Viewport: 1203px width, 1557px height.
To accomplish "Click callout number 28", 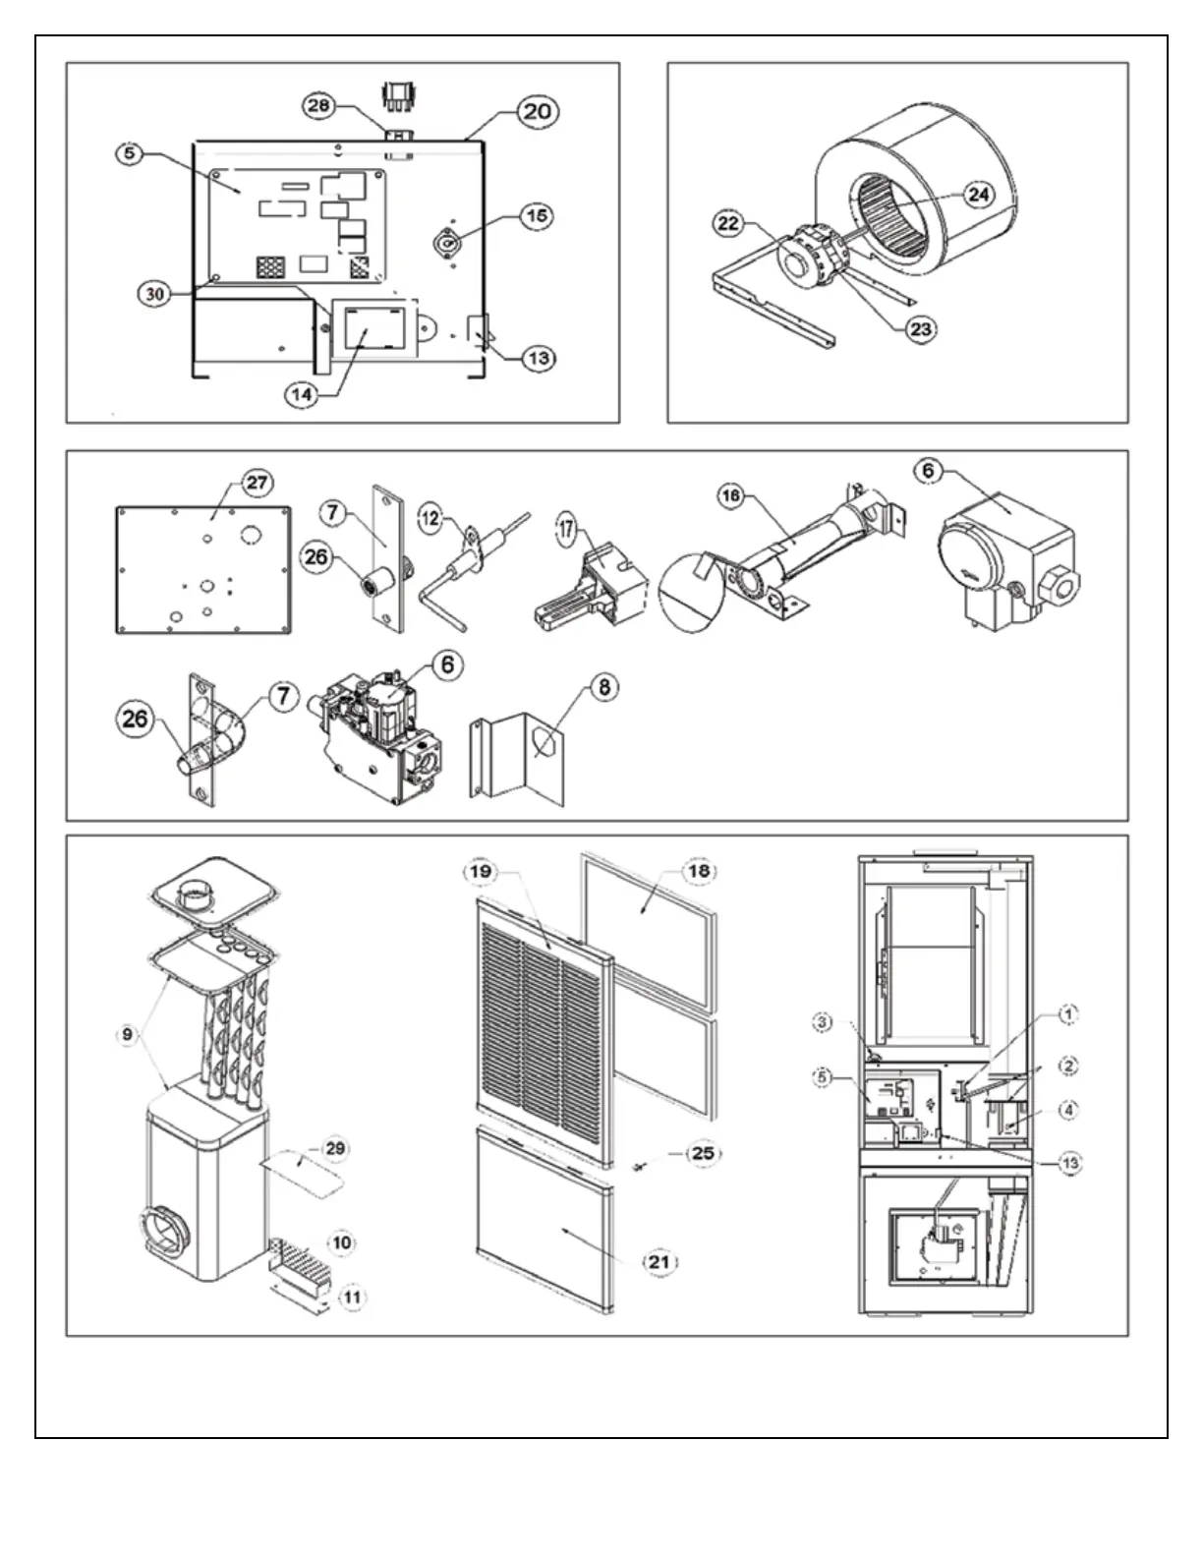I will pyautogui.click(x=317, y=106).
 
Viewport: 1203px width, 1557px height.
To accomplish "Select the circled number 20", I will pyautogui.click(x=537, y=111).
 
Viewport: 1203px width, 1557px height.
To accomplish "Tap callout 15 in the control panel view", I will pyautogui.click(x=535, y=216).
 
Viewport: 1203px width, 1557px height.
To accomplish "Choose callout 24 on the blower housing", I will pyautogui.click(x=978, y=195).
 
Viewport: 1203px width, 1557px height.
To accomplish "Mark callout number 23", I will pyautogui.click(x=920, y=329).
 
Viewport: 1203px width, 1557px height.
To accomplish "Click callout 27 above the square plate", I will pyautogui.click(x=258, y=483).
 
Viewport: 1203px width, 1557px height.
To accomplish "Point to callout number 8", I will pyautogui.click(x=602, y=687).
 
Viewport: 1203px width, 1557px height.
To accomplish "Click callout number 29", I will pyautogui.click(x=335, y=1149).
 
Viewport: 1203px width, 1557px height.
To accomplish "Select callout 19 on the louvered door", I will pyautogui.click(x=484, y=872).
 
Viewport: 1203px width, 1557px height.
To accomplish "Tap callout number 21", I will pyautogui.click(x=659, y=1261).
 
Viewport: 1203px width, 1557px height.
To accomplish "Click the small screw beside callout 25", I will pyautogui.click(x=640, y=1166).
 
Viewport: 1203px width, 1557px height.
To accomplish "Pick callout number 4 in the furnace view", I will pyautogui.click(x=1068, y=1110).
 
